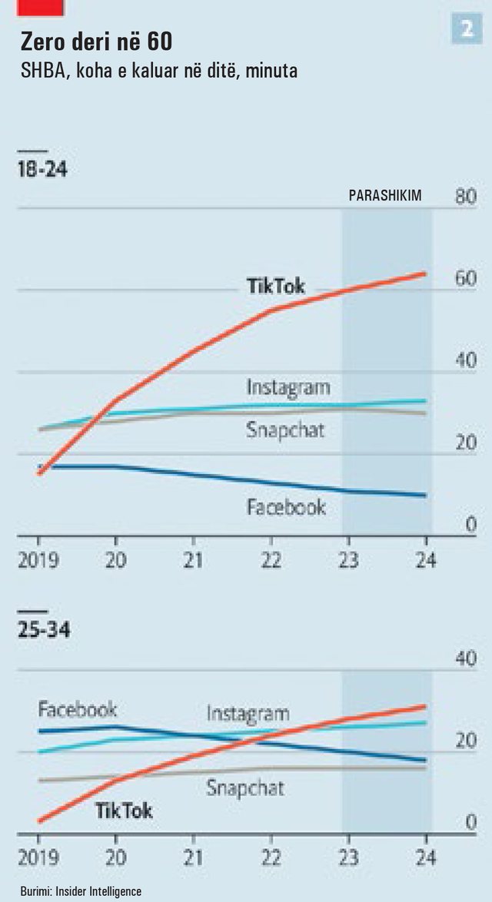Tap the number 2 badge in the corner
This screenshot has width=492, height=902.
466,29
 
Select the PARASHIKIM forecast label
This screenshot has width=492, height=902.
385,196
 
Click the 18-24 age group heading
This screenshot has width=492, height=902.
42,170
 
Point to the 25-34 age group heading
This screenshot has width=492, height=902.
44,631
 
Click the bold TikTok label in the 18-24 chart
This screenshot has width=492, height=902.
275,287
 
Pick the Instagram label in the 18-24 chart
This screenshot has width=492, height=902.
288,386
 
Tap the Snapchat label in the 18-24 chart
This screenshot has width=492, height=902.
285,429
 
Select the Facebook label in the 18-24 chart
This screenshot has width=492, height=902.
286,507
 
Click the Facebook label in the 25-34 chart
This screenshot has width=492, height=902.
78,709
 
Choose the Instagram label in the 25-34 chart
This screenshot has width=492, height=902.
248,714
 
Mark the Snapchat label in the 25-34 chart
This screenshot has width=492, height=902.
245,788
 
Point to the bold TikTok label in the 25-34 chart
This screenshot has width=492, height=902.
124,811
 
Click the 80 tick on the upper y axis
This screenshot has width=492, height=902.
466,197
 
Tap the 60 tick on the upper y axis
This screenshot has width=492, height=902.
466,279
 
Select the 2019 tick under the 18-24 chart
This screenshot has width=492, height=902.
39,559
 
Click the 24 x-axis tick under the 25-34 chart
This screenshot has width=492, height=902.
425,857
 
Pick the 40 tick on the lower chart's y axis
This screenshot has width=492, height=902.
466,658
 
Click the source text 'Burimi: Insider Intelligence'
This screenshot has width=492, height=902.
81,890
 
